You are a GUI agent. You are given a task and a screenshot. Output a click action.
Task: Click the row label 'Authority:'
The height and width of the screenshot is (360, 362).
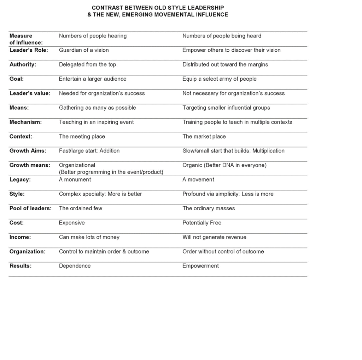tap(23, 64)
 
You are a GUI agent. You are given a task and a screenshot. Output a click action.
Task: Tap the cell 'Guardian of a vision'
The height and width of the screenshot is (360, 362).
tap(84, 50)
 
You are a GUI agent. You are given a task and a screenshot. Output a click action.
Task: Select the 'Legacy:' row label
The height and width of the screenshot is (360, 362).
tap(20, 179)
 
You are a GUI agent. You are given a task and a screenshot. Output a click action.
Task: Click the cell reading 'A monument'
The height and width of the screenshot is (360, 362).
tap(75, 179)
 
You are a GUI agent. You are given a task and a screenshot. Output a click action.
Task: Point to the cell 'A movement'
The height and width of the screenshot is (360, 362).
tap(198, 179)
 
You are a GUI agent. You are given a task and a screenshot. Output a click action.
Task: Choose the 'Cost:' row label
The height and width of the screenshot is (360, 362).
tap(17, 223)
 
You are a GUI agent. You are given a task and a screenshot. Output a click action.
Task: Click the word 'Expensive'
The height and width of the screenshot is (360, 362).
tap(72, 223)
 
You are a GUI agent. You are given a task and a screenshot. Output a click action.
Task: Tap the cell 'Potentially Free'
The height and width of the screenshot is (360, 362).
tap(202, 223)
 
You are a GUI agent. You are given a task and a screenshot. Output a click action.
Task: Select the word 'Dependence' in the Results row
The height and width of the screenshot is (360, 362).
tap(75, 266)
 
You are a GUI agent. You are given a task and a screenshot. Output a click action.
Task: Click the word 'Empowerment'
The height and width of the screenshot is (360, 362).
tap(200, 266)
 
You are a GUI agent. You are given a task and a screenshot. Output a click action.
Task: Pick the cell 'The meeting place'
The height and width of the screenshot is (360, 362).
tap(82, 136)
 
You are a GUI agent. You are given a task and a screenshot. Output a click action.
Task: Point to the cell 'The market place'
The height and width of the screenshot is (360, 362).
tap(204, 136)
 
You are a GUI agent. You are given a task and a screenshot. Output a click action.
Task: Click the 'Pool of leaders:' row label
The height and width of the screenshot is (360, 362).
tap(30, 208)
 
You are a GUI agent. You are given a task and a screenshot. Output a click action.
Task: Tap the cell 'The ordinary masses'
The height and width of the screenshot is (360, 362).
tap(209, 208)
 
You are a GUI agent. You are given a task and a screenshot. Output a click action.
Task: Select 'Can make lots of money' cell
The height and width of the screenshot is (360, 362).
tap(89, 237)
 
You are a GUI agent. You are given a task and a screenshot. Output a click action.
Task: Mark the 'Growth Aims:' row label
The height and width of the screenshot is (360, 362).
tap(28, 151)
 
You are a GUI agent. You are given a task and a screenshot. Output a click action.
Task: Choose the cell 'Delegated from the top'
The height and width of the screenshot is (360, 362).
tap(87, 64)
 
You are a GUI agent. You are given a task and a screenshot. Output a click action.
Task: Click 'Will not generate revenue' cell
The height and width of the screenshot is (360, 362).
tap(214, 237)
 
